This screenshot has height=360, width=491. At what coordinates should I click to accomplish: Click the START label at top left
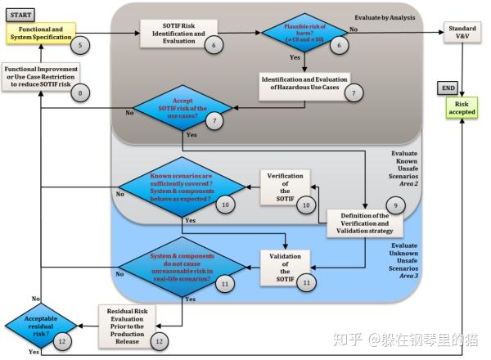pyautogui.click(x=22, y=14)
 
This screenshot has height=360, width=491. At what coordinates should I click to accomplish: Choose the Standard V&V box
pyautogui.click(x=463, y=34)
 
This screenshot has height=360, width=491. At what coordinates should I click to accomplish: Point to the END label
pyautogui.click(x=448, y=87)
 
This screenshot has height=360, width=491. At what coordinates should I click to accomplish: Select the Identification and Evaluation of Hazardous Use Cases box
pyautogui.click(x=304, y=85)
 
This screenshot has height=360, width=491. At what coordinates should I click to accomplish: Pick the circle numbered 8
pyautogui.click(x=79, y=94)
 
